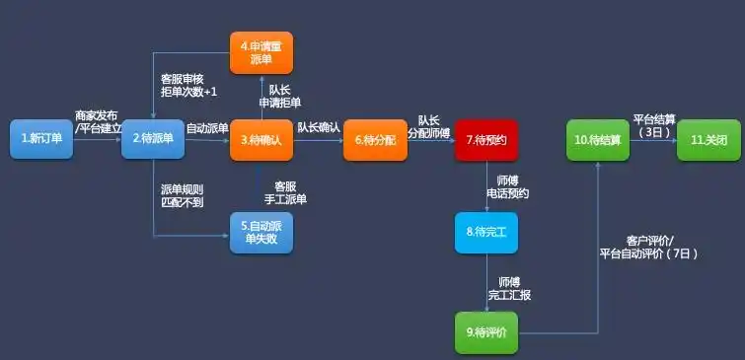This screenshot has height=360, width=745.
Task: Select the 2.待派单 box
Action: click(x=153, y=139)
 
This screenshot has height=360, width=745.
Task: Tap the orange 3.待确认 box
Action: click(x=261, y=140)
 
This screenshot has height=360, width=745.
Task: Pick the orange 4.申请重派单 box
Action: click(x=261, y=52)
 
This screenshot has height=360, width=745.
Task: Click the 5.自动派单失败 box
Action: click(x=261, y=233)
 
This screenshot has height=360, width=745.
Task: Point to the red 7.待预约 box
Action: click(x=486, y=140)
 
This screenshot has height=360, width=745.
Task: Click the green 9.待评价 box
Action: click(x=485, y=331)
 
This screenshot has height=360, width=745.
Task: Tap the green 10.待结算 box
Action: click(x=597, y=140)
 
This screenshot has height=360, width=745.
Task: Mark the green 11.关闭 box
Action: click(x=707, y=140)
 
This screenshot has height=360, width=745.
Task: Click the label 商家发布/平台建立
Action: click(x=98, y=121)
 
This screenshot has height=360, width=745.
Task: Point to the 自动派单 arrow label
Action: click(x=207, y=128)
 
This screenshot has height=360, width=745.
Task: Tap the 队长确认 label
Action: click(x=319, y=127)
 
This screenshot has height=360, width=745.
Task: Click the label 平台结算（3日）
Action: click(x=653, y=124)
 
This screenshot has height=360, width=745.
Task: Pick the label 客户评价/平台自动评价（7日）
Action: click(x=649, y=247)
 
